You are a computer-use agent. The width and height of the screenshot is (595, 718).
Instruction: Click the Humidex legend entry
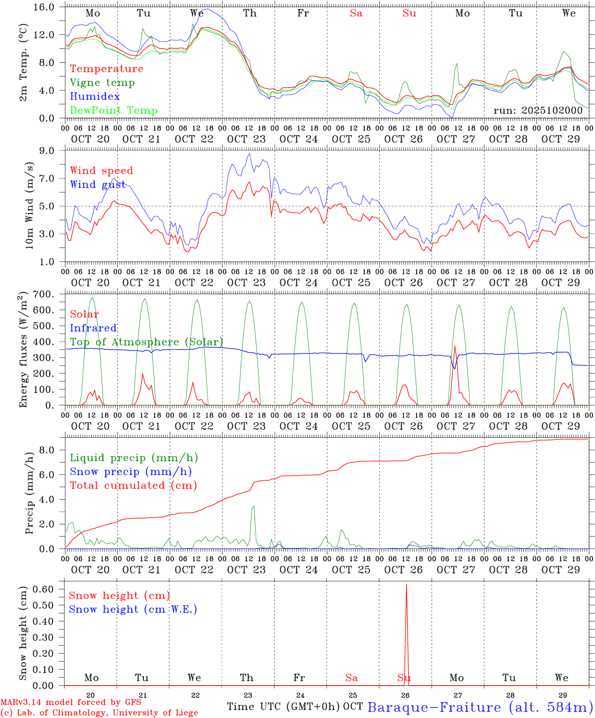pos(95,97)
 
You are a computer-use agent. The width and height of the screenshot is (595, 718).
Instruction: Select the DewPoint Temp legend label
pos(114,111)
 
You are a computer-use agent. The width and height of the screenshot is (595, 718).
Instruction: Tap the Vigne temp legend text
pos(102,83)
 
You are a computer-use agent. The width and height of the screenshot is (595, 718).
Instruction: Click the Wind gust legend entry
pos(98,184)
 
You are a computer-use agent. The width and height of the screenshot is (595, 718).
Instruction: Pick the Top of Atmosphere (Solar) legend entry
pos(147,342)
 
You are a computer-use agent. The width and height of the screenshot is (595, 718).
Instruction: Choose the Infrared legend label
pos(93,328)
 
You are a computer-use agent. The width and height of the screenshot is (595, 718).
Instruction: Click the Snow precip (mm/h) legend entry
pos(131,472)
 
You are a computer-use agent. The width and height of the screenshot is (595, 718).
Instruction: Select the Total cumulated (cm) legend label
pos(133,486)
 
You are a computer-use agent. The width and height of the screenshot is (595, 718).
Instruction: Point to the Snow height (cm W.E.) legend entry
pos(133,609)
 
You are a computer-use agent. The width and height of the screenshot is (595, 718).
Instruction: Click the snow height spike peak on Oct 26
pos(406,584)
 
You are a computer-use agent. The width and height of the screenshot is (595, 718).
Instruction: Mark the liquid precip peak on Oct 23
pos(253,507)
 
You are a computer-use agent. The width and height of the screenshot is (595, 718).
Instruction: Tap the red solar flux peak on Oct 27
pos(454,345)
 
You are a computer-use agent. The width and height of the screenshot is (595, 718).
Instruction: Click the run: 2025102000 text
pos(538,111)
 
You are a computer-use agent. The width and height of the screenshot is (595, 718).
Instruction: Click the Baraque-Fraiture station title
pos(480,708)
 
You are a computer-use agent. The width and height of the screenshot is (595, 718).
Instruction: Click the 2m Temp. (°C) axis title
pos(23,63)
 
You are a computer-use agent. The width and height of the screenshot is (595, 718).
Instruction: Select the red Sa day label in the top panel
pos(356,13)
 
